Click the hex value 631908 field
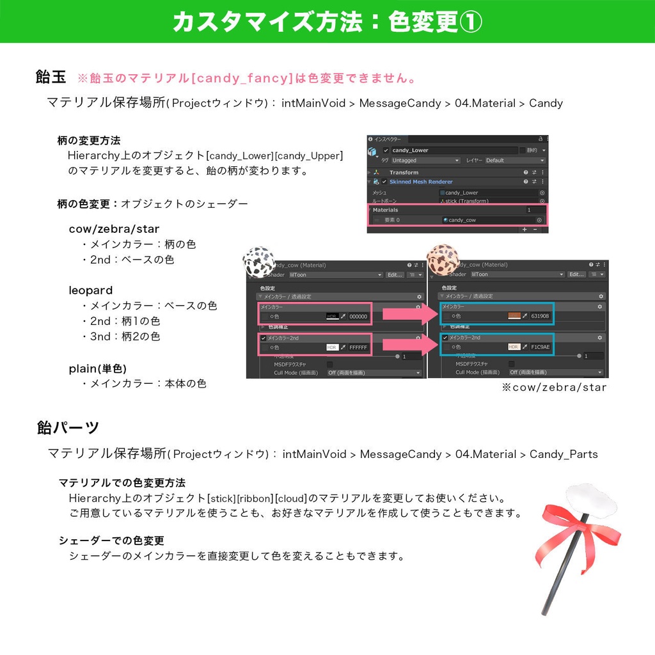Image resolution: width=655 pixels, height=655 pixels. click(x=540, y=316)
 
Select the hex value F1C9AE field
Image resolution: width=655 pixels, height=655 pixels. click(x=540, y=347)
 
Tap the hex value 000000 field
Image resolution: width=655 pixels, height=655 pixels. click(x=358, y=316)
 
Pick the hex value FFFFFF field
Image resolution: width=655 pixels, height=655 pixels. click(x=358, y=347)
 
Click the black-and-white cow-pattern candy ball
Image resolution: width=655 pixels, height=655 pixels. click(x=258, y=262)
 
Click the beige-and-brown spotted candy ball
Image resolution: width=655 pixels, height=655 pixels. click(x=443, y=259)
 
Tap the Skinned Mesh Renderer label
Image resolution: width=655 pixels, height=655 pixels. click(x=421, y=182)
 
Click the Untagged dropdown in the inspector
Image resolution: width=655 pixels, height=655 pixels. click(x=425, y=161)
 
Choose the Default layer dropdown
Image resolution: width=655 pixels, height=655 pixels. click(x=515, y=161)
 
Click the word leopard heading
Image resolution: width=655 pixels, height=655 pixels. click(x=91, y=290)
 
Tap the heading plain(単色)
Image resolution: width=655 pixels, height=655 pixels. click(x=98, y=368)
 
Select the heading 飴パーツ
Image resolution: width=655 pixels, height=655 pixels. click(x=68, y=427)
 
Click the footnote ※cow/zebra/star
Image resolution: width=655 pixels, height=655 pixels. click(x=554, y=387)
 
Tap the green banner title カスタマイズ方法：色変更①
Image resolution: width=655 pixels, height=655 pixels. click(x=327, y=22)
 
